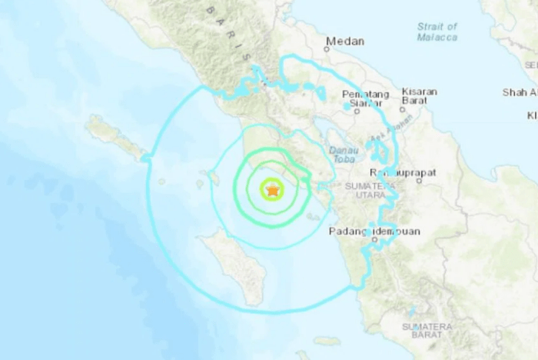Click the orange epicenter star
(x=272, y=189)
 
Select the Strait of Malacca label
(x=437, y=32)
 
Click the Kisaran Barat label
(x=419, y=96)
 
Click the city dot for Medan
(x=327, y=49)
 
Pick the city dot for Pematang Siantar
(x=356, y=109)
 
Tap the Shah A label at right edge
(x=520, y=92)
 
